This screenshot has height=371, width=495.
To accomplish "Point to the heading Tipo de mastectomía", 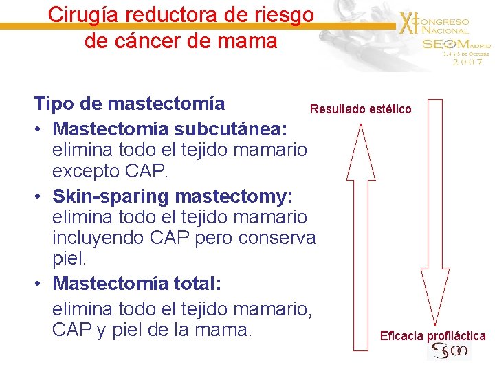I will pyautogui.click(x=130, y=104).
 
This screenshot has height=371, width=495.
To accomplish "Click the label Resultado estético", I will pyautogui.click(x=360, y=109).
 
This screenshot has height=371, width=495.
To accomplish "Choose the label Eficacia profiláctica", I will pyautogui.click(x=432, y=336).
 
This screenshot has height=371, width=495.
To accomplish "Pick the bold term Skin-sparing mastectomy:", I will pyautogui.click(x=173, y=196).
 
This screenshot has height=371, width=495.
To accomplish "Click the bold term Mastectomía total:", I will pyautogui.click(x=146, y=283).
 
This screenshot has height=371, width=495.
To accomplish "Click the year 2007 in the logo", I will pyautogui.click(x=467, y=62).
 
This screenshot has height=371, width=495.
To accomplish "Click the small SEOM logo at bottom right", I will pyautogui.click(x=448, y=352).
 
